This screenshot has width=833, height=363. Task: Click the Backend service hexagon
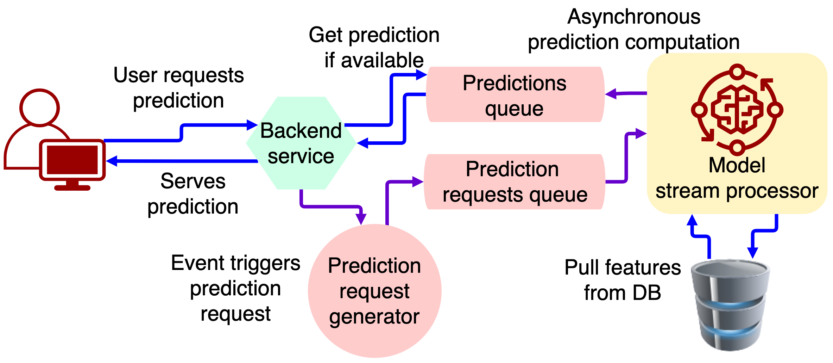301,143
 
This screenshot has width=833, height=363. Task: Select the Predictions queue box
515,94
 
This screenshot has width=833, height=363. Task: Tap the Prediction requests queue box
514,182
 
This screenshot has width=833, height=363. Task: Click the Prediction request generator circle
374,291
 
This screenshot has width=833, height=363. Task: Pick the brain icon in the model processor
737,109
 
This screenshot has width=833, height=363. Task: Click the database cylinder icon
731,305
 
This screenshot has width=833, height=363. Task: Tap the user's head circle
39,107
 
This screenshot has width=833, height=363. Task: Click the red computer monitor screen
72,160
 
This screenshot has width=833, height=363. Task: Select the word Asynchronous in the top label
634,17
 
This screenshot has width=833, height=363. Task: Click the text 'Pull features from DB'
623,280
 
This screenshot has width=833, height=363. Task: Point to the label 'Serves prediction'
193,194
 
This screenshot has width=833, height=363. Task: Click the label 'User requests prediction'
178,88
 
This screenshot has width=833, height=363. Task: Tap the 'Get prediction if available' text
374,47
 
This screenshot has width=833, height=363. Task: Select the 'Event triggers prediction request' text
235,288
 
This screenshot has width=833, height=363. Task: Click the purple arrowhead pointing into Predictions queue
611,94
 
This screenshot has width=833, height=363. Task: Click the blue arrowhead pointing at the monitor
112,161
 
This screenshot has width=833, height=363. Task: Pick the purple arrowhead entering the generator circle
361,219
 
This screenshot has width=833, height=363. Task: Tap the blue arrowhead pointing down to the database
752,253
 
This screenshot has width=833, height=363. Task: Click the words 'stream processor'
737,191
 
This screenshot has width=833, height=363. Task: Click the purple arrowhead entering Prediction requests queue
418,182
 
